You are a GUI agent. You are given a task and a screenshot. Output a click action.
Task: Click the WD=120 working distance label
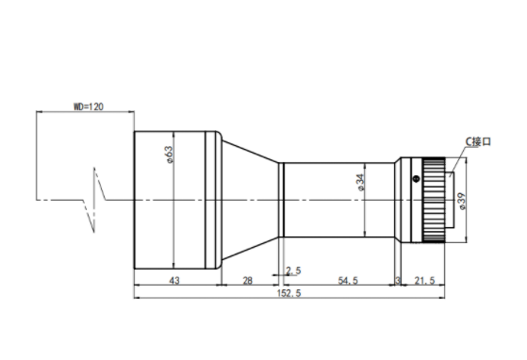click(x=89, y=106)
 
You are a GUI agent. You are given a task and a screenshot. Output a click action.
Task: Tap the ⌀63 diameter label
click(x=170, y=155)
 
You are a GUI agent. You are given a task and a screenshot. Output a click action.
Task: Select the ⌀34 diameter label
click(x=360, y=182)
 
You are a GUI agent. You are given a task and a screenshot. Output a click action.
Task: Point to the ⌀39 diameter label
click(x=462, y=202)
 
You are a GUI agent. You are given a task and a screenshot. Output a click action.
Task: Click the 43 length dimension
click(x=174, y=281)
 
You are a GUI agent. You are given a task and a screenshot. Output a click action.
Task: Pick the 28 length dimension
click(x=247, y=281)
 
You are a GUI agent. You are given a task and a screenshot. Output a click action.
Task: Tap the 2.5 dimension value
click(x=293, y=270)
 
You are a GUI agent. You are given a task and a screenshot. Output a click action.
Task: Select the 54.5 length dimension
click(x=348, y=281)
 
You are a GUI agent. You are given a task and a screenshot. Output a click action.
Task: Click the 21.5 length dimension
click(x=424, y=281)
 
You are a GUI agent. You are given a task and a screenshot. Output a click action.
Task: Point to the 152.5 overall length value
click(x=288, y=293)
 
